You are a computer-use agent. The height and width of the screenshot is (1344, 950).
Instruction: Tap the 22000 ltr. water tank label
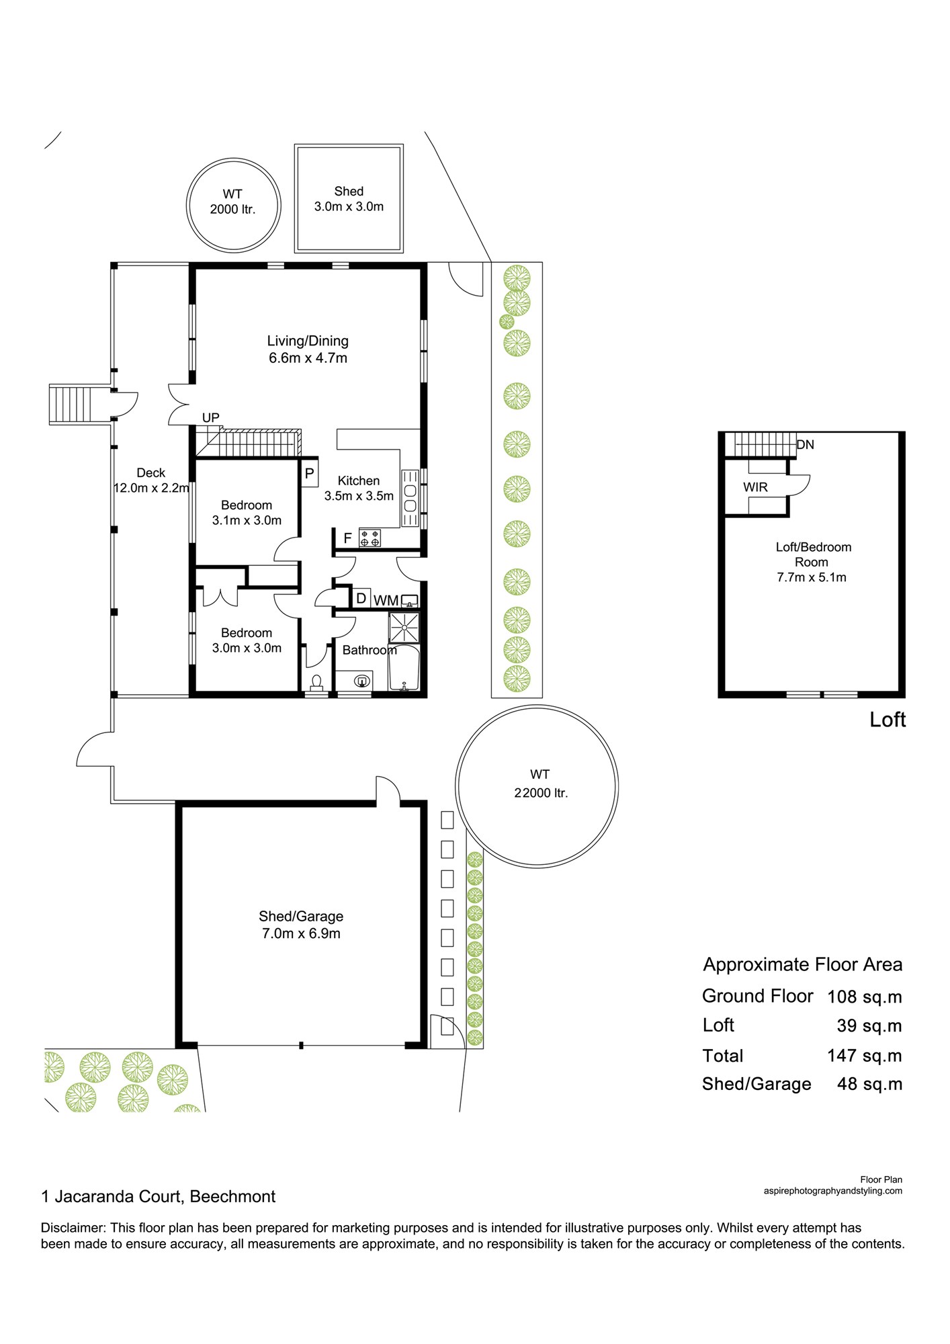tap(540, 784)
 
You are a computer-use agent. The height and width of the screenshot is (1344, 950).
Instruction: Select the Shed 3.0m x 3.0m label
tap(349, 199)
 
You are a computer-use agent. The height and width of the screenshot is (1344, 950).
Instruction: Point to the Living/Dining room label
tap(308, 349)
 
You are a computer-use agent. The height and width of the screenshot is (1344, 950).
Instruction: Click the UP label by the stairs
tap(211, 417)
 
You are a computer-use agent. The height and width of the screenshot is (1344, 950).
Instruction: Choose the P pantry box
tap(309, 473)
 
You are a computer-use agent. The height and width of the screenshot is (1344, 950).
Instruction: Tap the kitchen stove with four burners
tap(370, 538)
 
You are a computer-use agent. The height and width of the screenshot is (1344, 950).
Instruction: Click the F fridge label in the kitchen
tap(347, 538)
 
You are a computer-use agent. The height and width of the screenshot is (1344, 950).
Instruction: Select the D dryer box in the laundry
tap(361, 598)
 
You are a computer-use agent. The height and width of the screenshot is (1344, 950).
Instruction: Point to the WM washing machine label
tap(386, 600)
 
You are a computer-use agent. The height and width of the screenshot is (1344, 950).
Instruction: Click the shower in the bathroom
tap(404, 628)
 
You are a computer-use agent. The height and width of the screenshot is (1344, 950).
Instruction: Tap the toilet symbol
tap(316, 682)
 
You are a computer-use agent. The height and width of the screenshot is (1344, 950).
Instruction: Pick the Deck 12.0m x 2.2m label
tap(151, 480)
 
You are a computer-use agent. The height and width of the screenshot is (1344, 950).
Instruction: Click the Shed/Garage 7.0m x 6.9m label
tap(301, 925)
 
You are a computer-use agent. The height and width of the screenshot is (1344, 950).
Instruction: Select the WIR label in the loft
tap(755, 487)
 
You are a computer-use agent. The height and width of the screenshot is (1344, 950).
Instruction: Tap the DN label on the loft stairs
tap(805, 444)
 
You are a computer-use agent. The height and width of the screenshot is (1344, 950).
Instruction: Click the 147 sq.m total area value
tap(864, 1056)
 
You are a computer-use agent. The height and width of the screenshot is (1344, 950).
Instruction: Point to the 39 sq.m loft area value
tap(869, 1026)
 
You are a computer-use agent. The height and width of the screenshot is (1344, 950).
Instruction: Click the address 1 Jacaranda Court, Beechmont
tap(159, 1197)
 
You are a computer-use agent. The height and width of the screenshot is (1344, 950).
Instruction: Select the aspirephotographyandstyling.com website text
tap(833, 1191)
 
